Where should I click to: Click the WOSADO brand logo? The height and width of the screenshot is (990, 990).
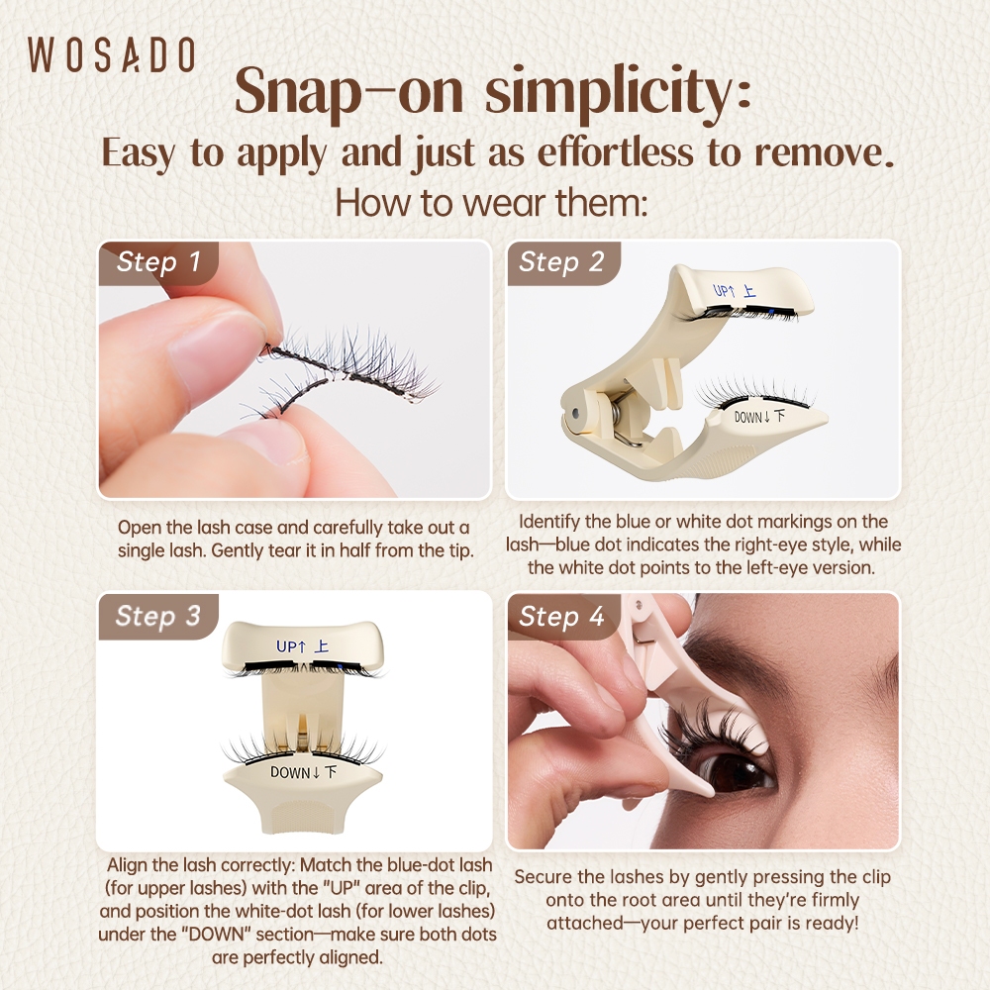pos(111,54)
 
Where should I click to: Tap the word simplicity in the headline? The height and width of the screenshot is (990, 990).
pos(618,92)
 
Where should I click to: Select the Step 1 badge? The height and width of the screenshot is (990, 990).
pos(158,262)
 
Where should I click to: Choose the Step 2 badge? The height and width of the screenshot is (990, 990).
pos(561,262)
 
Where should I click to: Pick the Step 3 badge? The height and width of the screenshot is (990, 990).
pos(157,616)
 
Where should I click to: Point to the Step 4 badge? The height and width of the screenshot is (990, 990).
pos(561,616)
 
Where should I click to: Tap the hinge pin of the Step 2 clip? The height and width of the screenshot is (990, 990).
pos(574,415)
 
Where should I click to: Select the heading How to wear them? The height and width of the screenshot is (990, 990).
pos(492,203)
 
